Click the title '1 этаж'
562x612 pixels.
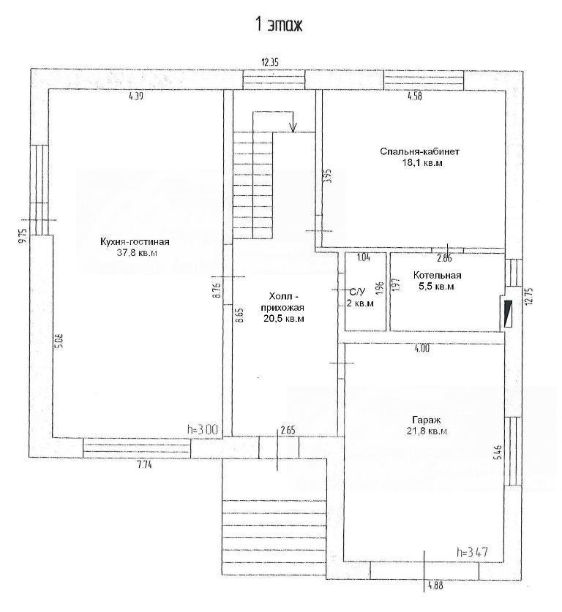(279, 25)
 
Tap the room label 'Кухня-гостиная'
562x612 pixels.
(135, 242)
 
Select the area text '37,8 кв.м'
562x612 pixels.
(138, 253)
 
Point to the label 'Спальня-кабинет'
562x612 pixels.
(420, 151)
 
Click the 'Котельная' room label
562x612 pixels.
(437, 275)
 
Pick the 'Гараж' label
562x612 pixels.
(427, 420)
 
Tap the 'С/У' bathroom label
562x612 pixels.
(357, 292)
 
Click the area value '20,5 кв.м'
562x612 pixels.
(284, 318)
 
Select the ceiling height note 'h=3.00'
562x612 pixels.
(202, 430)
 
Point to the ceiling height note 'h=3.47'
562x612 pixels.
(472, 552)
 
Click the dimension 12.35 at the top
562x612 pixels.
(271, 62)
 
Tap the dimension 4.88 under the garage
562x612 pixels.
(435, 586)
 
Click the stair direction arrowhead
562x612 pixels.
(293, 127)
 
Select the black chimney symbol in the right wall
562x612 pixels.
(508, 313)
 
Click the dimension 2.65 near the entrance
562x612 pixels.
(287, 430)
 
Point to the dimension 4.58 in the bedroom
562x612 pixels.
(415, 96)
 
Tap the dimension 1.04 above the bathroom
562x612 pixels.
(364, 257)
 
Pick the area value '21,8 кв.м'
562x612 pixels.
(427, 431)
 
